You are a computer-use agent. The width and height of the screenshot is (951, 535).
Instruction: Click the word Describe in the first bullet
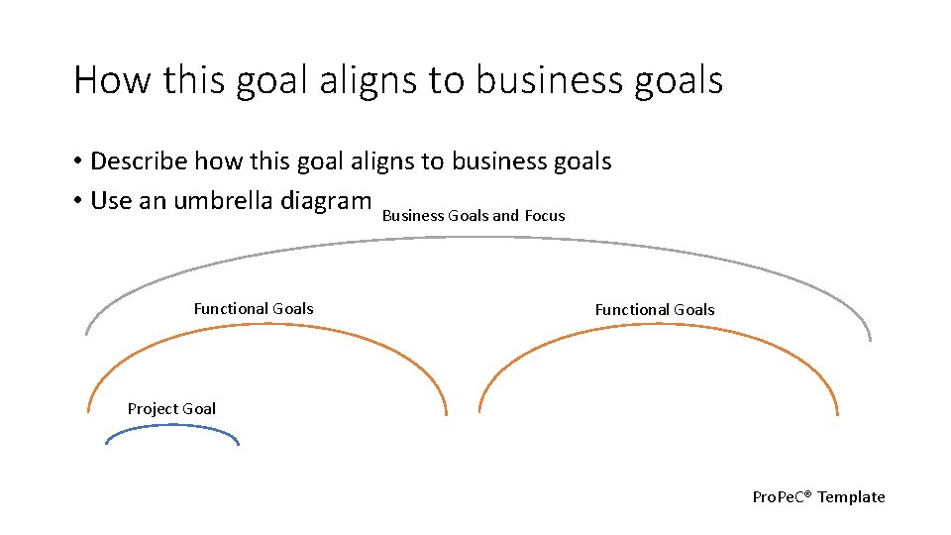click(x=139, y=160)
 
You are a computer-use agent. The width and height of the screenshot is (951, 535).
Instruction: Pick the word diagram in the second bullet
click(x=326, y=201)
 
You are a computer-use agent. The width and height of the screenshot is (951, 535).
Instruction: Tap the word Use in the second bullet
click(x=111, y=201)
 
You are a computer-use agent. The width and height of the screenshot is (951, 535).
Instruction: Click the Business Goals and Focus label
click(x=473, y=215)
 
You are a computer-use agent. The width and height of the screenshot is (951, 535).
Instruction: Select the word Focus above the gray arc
click(x=545, y=215)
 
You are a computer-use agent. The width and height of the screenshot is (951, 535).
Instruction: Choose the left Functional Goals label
click(x=254, y=309)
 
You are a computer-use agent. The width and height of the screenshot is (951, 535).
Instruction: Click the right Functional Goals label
click(x=654, y=310)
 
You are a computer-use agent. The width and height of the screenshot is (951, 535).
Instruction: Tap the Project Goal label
click(x=171, y=408)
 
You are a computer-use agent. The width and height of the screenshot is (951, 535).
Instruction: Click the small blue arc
click(x=172, y=427)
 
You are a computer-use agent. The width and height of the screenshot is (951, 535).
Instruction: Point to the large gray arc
click(x=475, y=239)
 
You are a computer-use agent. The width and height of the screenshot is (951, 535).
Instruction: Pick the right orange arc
click(x=659, y=330)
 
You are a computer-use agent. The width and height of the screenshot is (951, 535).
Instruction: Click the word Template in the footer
click(x=851, y=497)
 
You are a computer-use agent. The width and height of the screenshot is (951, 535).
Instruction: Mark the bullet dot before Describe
click(x=77, y=161)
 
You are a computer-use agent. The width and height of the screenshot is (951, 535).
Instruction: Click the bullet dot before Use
click(x=77, y=202)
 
